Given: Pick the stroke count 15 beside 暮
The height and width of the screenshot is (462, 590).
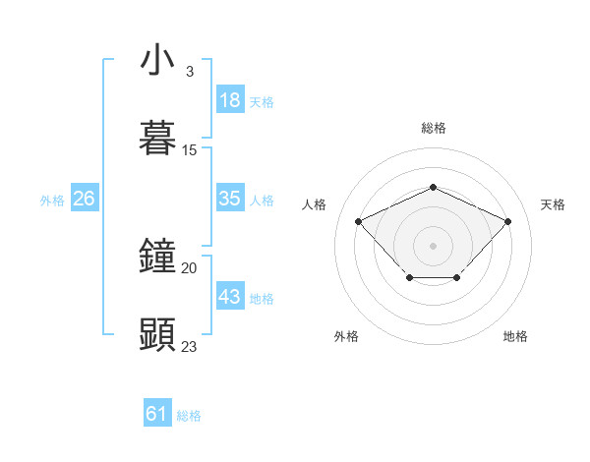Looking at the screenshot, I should pos(190,150).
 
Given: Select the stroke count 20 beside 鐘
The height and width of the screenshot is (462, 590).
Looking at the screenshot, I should pos(190,267).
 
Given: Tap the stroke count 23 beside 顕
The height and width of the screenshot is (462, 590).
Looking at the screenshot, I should pos(190,346).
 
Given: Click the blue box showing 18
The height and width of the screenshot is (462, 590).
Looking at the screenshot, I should pos(230,100).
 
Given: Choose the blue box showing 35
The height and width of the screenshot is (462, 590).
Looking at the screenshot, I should pos(230,199).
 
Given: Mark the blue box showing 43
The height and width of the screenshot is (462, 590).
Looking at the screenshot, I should pos(230,297).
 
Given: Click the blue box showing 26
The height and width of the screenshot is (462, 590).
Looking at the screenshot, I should pos(84,199).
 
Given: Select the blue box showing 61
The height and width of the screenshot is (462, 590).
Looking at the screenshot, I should pos(157,414).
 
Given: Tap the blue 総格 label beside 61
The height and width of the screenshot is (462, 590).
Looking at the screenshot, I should pos(189,416).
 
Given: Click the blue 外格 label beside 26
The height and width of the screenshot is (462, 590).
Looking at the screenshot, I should pos(52,201).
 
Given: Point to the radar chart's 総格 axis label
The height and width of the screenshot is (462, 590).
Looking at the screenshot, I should pos(433,128).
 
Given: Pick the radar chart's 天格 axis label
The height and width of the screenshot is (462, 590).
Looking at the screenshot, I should pos(553,204).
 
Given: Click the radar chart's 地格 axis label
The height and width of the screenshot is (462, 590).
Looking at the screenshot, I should pos(515,336).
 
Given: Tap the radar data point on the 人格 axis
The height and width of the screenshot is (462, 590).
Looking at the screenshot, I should pos(359,221).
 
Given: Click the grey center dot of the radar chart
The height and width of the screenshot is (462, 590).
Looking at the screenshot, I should pos(433,244).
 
